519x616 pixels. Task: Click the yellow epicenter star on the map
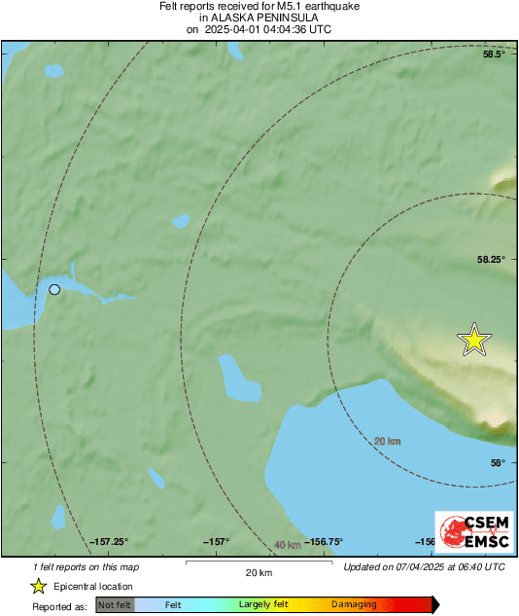(474, 339)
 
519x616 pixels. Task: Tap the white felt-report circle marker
(55, 289)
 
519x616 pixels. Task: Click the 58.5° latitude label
(495, 54)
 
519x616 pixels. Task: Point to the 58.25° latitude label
(490, 260)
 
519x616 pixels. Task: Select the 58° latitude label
(497, 463)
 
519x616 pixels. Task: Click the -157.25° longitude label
(109, 542)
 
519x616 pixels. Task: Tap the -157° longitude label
(215, 542)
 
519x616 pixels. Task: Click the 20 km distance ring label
(388, 442)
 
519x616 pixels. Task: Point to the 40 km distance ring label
(287, 545)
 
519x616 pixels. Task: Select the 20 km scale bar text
(258, 571)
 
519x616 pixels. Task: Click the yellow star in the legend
(39, 586)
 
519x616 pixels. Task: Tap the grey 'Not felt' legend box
(116, 605)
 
